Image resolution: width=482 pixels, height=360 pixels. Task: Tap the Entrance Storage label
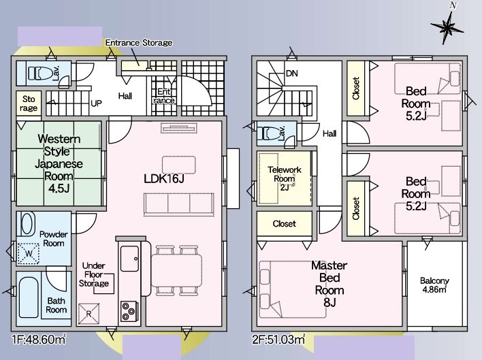[x=139, y=43]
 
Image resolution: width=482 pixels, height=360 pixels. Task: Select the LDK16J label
[x=164, y=178]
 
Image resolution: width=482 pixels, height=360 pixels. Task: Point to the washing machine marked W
[x=29, y=254]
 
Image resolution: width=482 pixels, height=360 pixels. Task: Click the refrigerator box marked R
[x=89, y=314]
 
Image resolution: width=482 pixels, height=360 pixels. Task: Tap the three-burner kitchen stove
[x=129, y=311]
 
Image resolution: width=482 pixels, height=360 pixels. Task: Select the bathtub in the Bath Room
[x=29, y=297]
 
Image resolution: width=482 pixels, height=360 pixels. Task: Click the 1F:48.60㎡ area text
[x=38, y=340]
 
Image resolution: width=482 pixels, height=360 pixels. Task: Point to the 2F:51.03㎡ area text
[x=279, y=340]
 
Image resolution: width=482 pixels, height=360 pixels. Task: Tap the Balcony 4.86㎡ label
[x=434, y=284]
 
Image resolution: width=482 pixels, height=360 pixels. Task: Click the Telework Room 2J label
[x=285, y=178]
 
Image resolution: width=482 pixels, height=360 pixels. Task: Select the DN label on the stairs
[x=292, y=73]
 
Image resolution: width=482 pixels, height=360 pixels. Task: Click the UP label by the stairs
[x=96, y=103]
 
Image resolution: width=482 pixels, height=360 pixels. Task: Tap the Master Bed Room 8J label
[x=330, y=284]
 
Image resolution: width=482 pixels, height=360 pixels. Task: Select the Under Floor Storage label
[x=94, y=274]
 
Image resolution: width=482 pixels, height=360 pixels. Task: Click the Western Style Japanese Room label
[x=59, y=163]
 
